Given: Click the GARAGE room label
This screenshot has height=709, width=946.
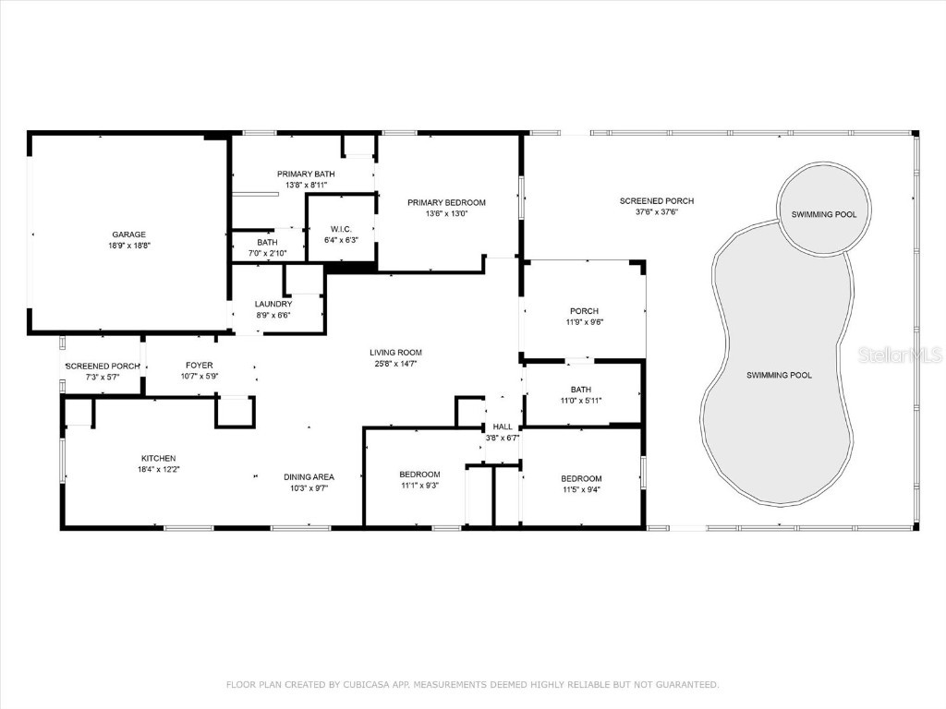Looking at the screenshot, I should pos(129,234).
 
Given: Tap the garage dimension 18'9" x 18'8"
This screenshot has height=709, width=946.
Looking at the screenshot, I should pos(129,246).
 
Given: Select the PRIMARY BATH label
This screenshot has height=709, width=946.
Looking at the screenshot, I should pos(306,174).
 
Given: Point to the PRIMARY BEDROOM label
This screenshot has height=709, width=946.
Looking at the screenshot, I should pos(446,202).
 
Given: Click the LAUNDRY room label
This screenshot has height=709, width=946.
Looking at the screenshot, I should pos(273,304).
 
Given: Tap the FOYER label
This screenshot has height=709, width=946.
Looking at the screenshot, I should pos(199,366).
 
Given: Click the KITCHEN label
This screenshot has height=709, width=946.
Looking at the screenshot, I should pos(158,458).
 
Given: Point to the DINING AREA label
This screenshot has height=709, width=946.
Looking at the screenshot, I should pos(309,476).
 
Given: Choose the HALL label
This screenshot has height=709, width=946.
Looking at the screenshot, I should pos(503,427).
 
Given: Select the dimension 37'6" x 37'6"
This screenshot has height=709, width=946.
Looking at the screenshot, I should pos(656,211).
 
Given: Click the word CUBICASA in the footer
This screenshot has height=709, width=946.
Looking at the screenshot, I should pos(365,684).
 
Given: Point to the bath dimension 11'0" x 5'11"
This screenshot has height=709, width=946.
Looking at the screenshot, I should pos(580,401).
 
